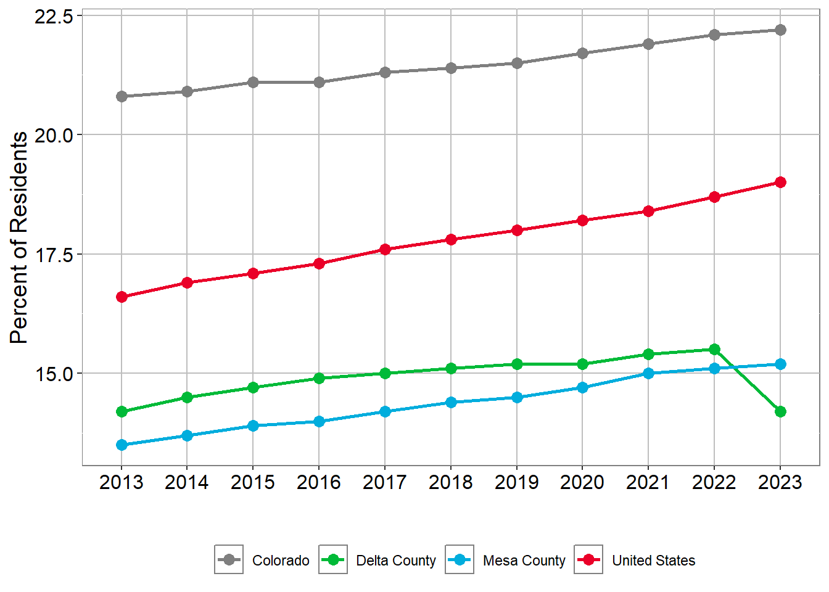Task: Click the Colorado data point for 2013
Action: coord(122,96)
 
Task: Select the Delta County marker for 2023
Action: coord(780,411)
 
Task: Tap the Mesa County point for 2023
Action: coord(780,364)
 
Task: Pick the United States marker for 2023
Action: coord(780,182)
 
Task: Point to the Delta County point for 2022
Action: coord(714,350)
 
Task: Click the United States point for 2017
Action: coord(385,249)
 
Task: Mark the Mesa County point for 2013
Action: coord(122,445)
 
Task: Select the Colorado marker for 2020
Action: coord(582,54)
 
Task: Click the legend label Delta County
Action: coord(396,561)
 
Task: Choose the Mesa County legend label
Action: coord(524,561)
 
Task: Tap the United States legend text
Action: coord(653,561)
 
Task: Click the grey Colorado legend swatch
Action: coord(229,560)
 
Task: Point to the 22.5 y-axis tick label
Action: coord(54,16)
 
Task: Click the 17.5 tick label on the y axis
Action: coord(54,254)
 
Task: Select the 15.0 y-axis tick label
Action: coord(54,374)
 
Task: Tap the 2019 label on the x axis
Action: coord(516,482)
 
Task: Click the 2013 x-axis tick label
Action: coord(122,482)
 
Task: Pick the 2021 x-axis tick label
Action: coord(648,482)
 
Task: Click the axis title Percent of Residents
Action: coord(19,237)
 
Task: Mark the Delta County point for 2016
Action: coord(319,378)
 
